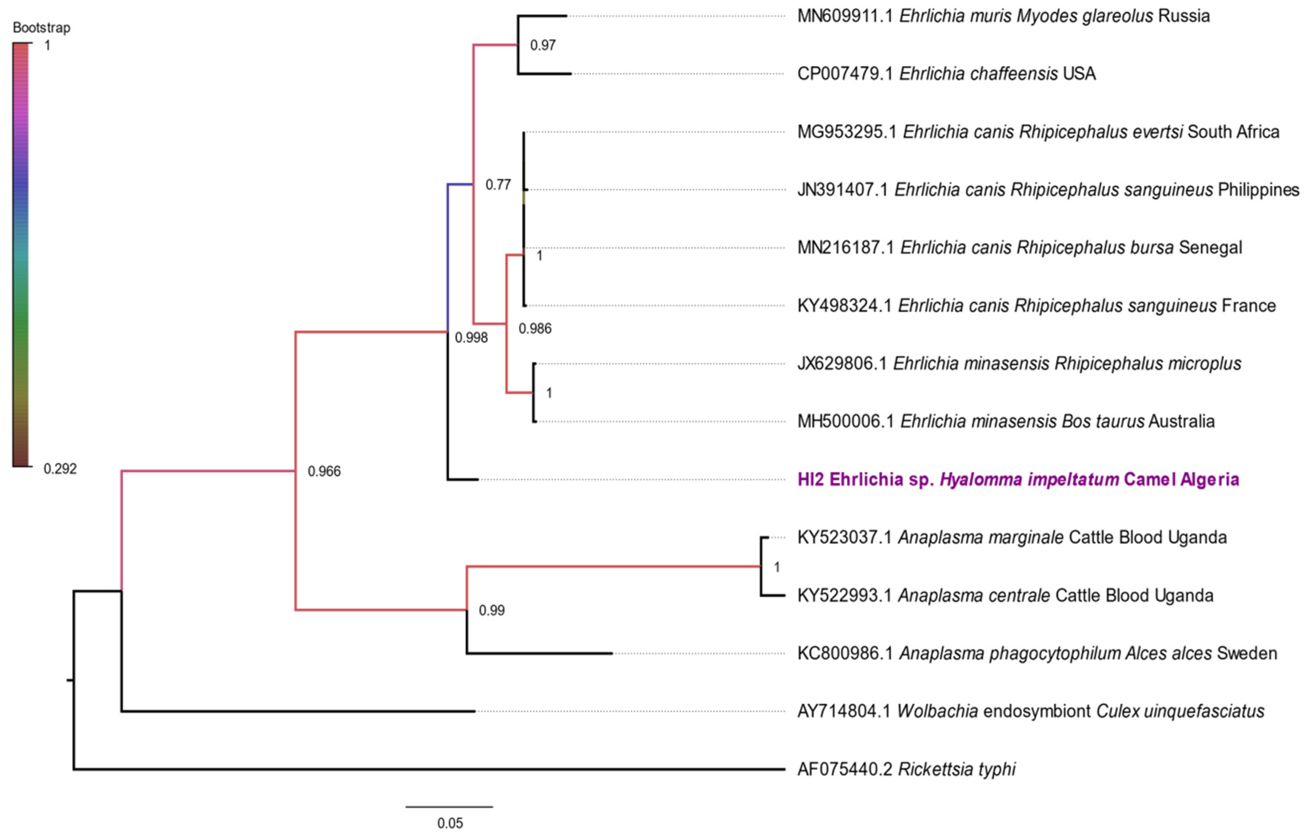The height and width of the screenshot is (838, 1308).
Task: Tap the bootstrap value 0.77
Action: click(498, 185)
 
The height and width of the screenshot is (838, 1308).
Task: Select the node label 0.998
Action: click(471, 338)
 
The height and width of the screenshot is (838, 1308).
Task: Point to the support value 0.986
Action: click(535, 329)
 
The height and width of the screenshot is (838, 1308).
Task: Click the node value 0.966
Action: click(324, 471)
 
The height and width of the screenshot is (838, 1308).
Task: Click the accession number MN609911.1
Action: click(845, 16)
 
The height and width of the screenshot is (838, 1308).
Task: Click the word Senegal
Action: click(1210, 248)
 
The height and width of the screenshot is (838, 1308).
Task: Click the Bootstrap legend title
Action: click(41, 28)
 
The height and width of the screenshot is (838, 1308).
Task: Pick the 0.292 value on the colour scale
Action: click(60, 469)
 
